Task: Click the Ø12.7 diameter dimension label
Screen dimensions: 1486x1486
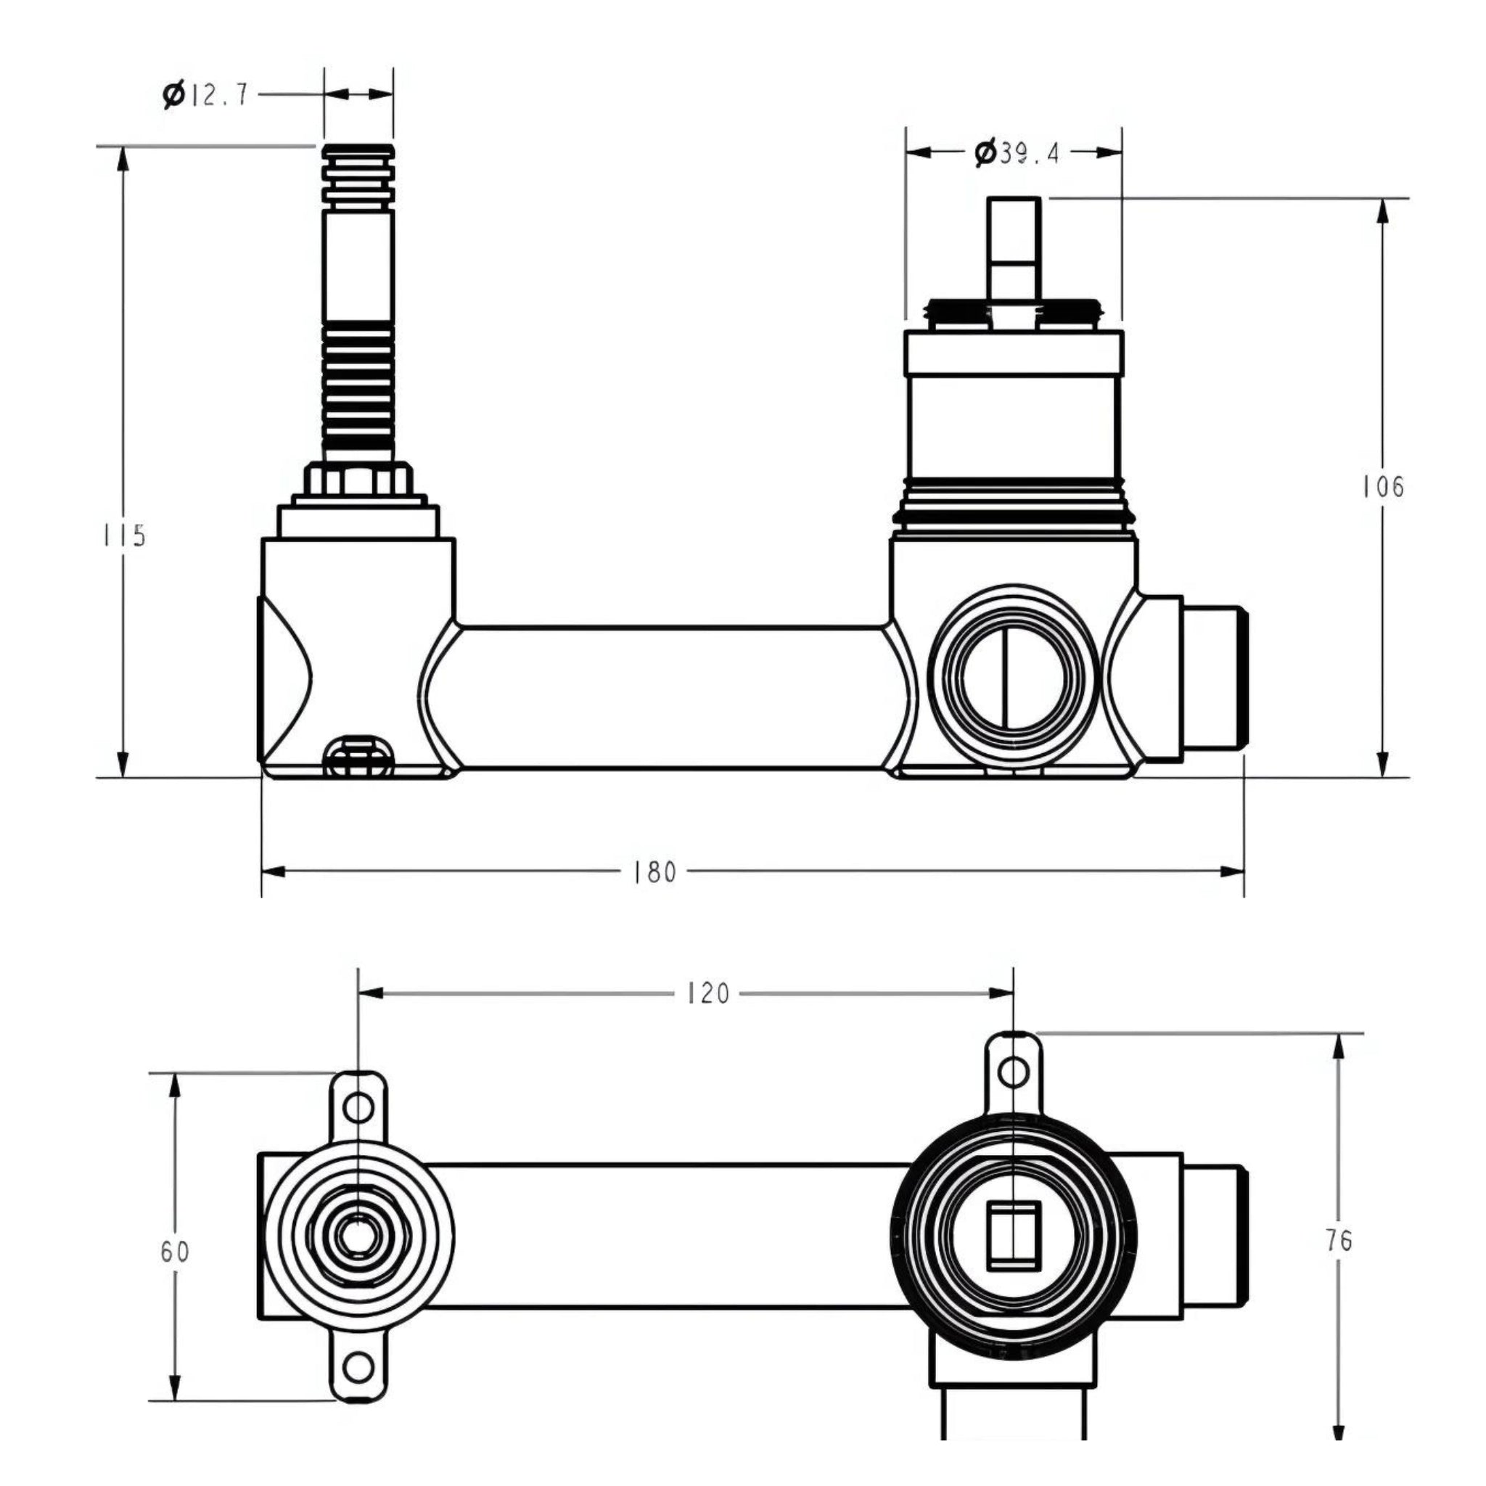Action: pyautogui.click(x=206, y=94)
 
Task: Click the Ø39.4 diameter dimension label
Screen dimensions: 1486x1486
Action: pyautogui.click(x=1017, y=153)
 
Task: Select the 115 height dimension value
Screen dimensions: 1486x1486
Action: pyautogui.click(x=125, y=535)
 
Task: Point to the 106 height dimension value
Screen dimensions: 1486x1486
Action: pyautogui.click(x=1382, y=487)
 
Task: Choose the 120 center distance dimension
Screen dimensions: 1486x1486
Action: pyautogui.click(x=707, y=994)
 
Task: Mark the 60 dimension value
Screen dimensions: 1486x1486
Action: pyautogui.click(x=175, y=1252)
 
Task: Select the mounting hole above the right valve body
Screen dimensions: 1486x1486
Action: pyautogui.click(x=1014, y=1072)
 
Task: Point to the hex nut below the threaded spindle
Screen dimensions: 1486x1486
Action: pyautogui.click(x=358, y=479)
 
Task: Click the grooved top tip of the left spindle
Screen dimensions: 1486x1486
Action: pyautogui.click(x=358, y=173)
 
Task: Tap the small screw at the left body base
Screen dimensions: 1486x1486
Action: pyautogui.click(x=359, y=757)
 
